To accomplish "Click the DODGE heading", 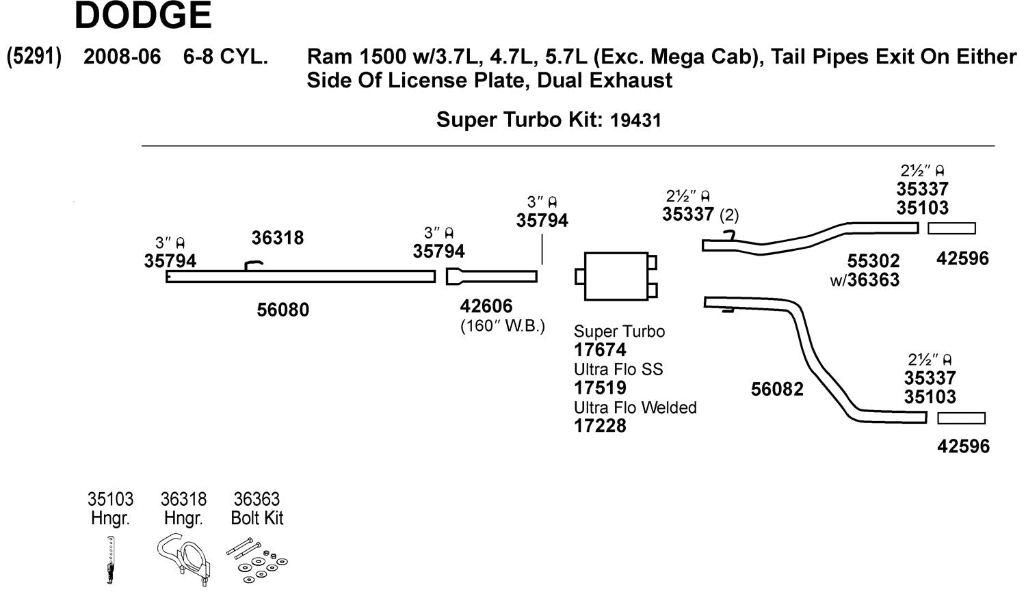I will (143, 16).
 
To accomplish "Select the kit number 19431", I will (635, 121).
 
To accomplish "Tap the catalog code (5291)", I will (34, 56).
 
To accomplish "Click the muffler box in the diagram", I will (616, 276).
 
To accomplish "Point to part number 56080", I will (282, 310).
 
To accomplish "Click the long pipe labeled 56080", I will (300, 277).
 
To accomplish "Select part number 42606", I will (486, 306).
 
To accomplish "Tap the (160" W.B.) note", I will (503, 326).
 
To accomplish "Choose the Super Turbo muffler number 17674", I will (600, 350).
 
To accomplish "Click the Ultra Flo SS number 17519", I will (600, 388).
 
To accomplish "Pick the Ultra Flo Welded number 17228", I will (600, 426).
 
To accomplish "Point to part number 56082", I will (777, 390).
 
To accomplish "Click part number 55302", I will (873, 261).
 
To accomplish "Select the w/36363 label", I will (865, 280).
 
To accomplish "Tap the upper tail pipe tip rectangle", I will (951, 228).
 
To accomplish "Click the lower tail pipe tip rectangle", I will (961, 418).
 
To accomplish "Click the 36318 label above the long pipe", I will (277, 239).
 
